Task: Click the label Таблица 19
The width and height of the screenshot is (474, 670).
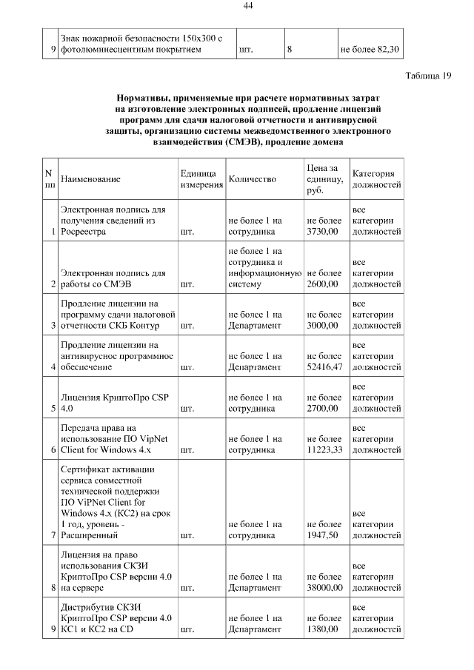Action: pyautogui.click(x=428, y=76)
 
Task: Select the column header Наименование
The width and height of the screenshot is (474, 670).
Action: pyautogui.click(x=90, y=179)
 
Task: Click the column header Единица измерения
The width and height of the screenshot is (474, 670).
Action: pyautogui.click(x=201, y=179)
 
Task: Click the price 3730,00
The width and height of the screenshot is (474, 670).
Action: pyautogui.click(x=322, y=232)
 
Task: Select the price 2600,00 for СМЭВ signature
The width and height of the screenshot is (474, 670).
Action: pyautogui.click(x=322, y=284)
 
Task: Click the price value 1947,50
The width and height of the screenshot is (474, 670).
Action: pyautogui.click(x=322, y=534)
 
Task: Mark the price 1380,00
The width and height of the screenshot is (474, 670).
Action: pyautogui.click(x=322, y=629)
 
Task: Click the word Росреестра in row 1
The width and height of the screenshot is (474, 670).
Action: pyautogui.click(x=83, y=232)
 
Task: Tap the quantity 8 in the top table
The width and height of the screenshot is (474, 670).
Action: pyautogui.click(x=290, y=50)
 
